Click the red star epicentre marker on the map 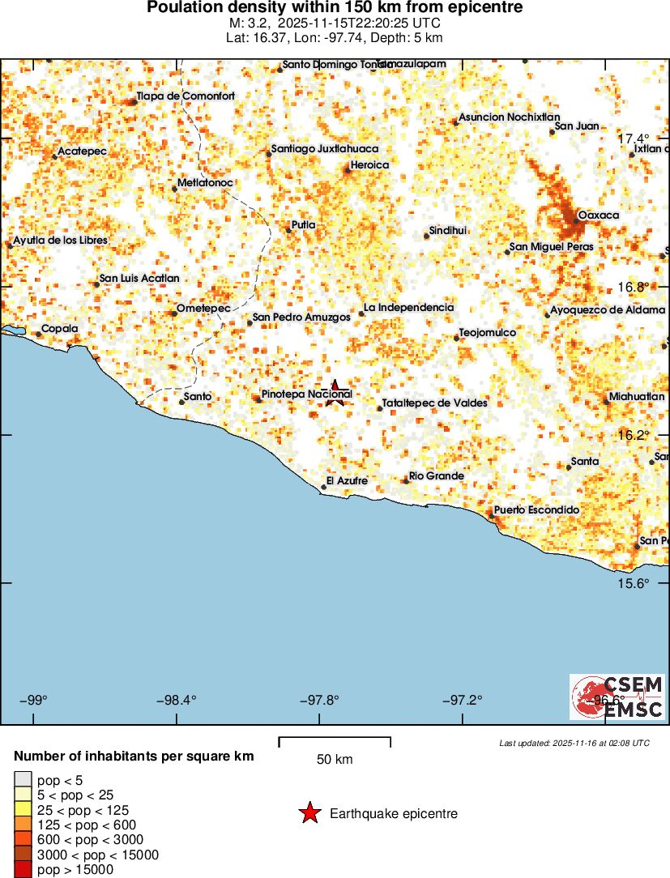(335, 393)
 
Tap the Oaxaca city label (599, 215)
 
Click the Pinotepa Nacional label (306, 394)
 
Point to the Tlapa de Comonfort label (186, 96)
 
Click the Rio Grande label (437, 476)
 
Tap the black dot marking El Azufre (323, 487)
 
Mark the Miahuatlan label (638, 397)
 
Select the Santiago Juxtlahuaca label (324, 149)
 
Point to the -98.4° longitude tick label (177, 700)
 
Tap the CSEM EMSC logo (617, 697)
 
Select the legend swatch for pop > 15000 (23, 869)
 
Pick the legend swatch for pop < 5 (23, 781)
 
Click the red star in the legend (309, 813)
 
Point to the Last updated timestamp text (574, 743)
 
